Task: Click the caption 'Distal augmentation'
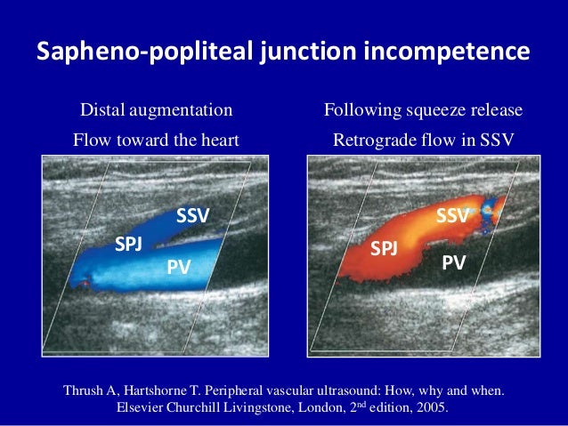click(157, 111)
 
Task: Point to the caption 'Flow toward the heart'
click(157, 140)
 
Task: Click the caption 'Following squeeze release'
click(423, 111)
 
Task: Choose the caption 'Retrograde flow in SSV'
click(423, 140)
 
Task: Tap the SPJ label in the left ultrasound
click(128, 245)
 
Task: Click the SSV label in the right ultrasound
click(453, 216)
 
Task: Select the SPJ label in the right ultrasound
click(384, 248)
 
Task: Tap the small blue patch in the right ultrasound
click(487, 214)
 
